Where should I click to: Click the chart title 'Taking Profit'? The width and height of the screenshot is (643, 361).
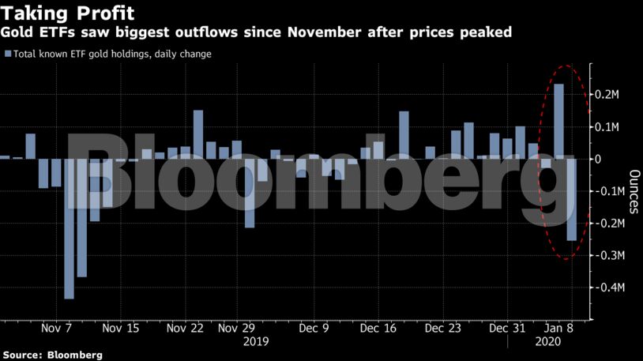coord(67,13)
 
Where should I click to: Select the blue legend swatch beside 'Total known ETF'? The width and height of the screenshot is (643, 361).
coord(7,54)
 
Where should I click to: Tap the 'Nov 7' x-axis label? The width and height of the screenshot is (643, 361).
coord(56,328)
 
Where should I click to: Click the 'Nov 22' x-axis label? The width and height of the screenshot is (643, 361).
coord(186,328)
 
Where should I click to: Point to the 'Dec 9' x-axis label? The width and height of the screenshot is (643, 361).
coord(314,328)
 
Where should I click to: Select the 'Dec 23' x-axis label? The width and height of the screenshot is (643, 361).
coord(442,328)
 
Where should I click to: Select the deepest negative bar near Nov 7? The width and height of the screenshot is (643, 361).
coord(69,229)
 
